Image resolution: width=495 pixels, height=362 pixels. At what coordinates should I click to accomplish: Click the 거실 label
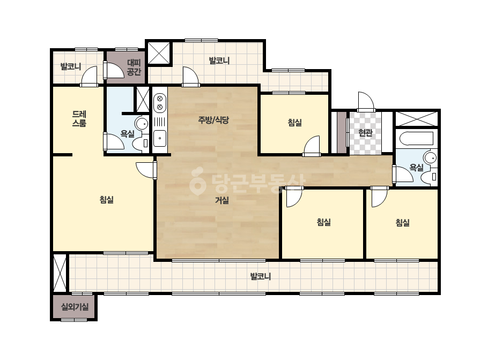click(x=222, y=200)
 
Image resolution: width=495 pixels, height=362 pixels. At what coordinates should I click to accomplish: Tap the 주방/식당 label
click(x=213, y=120)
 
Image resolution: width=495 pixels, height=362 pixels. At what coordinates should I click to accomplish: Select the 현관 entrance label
click(x=365, y=133)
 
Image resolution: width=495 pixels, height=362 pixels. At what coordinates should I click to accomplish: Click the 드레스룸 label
click(x=79, y=118)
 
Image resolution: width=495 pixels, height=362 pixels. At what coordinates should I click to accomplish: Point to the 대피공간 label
click(x=134, y=67)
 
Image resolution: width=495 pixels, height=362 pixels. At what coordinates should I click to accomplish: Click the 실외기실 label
click(x=75, y=306)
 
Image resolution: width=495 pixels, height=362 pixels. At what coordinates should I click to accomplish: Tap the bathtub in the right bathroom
click(x=416, y=139)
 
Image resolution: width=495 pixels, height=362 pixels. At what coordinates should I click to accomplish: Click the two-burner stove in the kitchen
click(x=160, y=103)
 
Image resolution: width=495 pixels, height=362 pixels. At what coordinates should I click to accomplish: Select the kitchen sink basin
click(x=160, y=138)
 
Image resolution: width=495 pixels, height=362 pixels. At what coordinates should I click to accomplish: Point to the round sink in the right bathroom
click(x=430, y=157)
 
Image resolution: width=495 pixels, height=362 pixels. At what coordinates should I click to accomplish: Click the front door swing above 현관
click(x=366, y=101)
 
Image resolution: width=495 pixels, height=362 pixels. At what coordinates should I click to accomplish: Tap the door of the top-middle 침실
click(x=312, y=146)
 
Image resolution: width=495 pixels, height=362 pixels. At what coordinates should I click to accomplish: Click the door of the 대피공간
click(x=113, y=70)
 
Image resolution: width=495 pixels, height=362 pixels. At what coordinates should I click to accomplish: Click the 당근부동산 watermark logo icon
click(x=197, y=181)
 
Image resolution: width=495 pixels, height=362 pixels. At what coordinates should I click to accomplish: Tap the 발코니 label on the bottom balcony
click(x=261, y=276)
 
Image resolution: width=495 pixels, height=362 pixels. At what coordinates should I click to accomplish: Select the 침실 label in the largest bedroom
click(x=106, y=200)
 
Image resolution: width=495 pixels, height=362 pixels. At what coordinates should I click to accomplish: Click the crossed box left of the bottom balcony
click(x=60, y=273)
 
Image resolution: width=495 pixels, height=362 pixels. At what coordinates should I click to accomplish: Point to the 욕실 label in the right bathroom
click(x=416, y=168)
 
